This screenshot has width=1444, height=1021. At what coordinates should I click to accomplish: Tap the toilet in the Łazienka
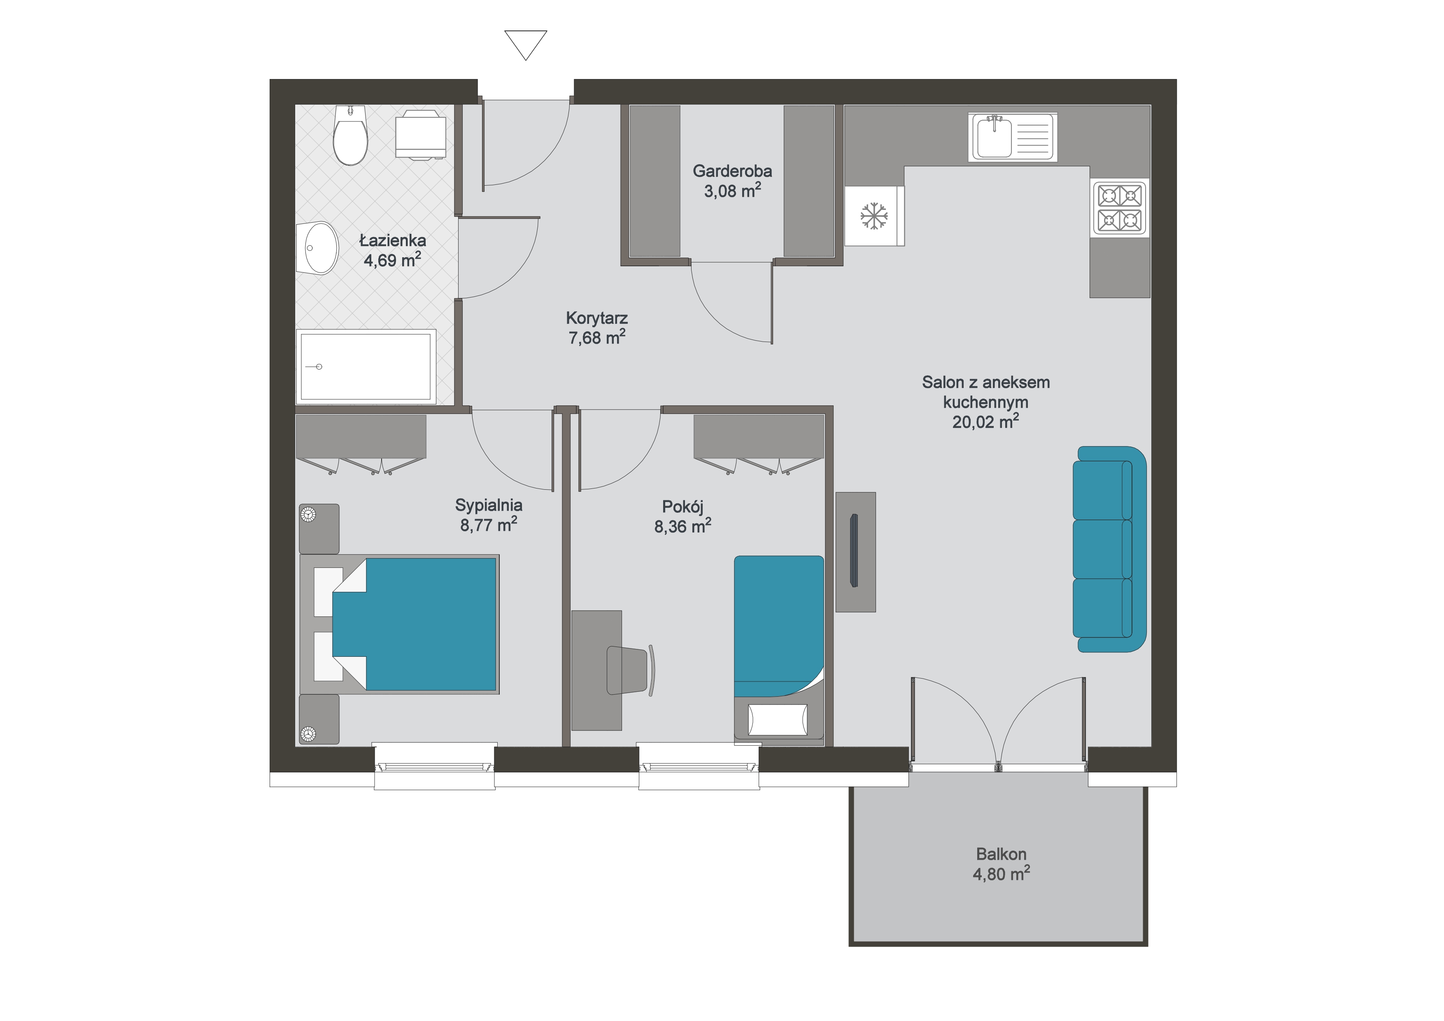(350, 135)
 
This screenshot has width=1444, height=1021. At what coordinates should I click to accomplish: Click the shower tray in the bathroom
(366, 367)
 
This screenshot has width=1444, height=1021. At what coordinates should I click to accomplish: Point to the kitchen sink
(1013, 137)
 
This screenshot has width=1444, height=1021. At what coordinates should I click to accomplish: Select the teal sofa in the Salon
(1109, 549)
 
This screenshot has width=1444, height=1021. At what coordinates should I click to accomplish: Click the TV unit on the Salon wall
(855, 552)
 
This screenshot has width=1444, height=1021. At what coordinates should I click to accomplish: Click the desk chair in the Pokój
(629, 670)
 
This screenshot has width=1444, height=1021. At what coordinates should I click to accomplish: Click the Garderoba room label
(732, 171)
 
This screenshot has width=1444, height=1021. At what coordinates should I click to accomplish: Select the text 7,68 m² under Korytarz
(597, 337)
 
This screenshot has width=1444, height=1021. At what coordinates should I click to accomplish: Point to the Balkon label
(1001, 854)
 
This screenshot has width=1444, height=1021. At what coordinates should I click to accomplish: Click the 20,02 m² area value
(985, 421)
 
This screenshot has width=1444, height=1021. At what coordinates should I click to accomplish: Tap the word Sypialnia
(489, 505)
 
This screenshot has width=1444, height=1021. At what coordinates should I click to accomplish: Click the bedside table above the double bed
(319, 529)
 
